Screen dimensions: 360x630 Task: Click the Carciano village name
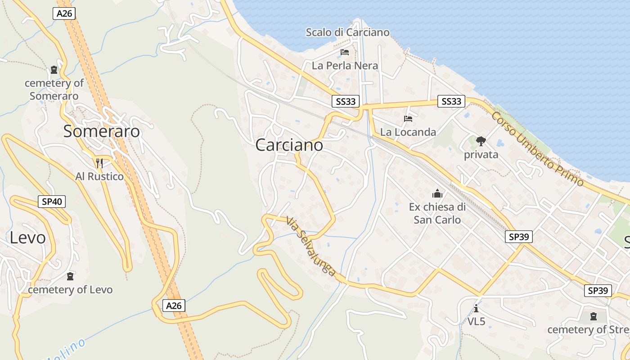289,145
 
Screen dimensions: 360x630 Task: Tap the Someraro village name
101,131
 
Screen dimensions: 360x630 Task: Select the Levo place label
27,238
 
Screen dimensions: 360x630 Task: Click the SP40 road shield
52,202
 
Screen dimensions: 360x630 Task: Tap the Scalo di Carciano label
347,32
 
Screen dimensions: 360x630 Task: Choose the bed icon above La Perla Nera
345,52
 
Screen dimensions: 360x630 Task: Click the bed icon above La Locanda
408,119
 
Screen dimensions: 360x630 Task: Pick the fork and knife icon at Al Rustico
99,163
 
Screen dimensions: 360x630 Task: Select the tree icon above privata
481,141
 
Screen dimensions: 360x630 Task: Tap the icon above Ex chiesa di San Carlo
437,194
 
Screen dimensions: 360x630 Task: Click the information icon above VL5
476,308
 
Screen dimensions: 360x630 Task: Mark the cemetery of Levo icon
70,276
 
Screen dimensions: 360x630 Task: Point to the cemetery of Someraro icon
54,70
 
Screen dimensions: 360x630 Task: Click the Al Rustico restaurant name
99,176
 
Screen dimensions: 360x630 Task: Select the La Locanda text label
408,132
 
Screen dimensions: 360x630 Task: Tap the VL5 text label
476,322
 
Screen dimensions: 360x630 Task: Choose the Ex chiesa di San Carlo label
437,213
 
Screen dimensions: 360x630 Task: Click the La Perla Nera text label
345,66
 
